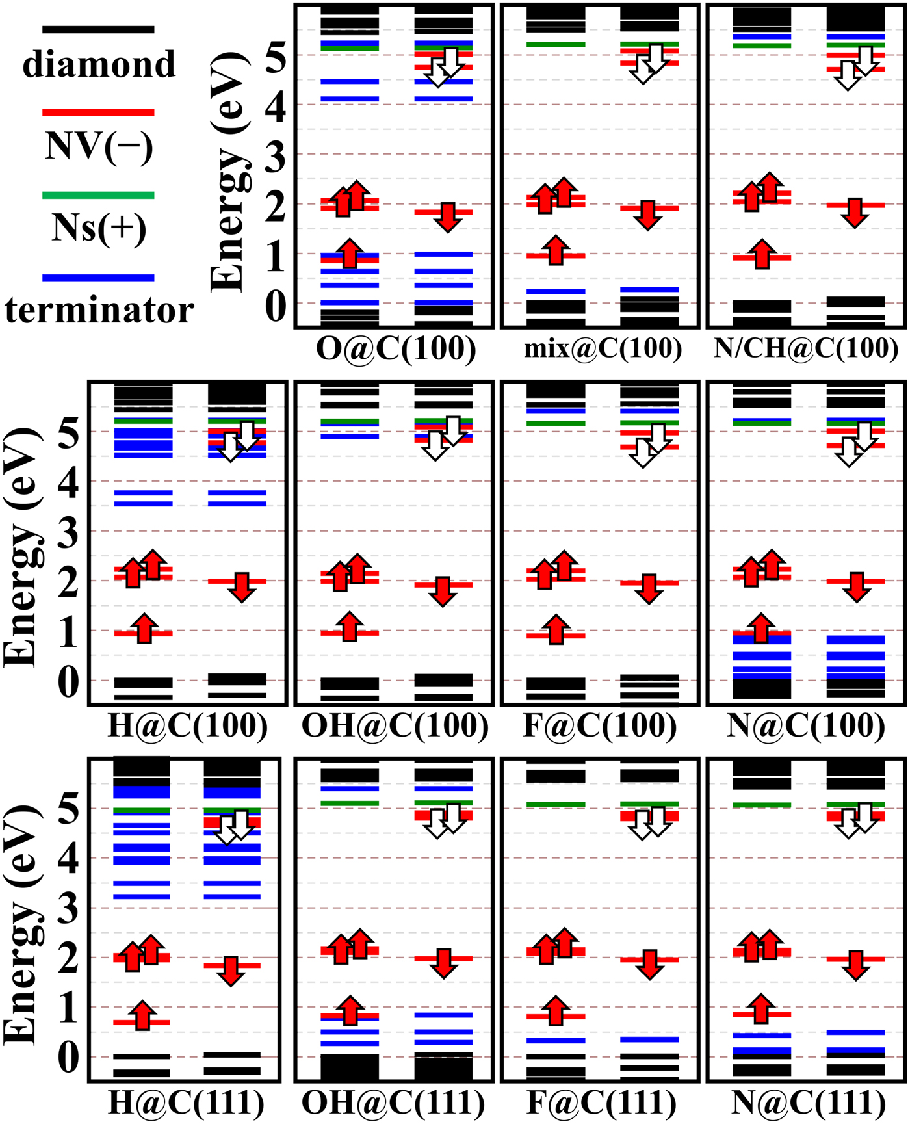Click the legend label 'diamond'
click(99, 64)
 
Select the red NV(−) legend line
click(98, 112)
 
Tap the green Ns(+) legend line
click(98, 195)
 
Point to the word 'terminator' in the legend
click(99, 310)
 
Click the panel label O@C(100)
click(396, 348)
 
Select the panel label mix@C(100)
click(603, 349)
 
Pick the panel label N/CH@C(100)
click(806, 348)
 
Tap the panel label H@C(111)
click(186, 1103)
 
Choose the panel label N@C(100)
click(806, 725)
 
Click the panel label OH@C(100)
click(395, 725)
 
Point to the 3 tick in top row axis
click(275, 156)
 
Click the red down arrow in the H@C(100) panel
click(242, 587)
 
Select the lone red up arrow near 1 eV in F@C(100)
click(556, 629)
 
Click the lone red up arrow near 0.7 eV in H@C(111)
click(142, 1016)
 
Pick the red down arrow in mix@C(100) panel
click(648, 215)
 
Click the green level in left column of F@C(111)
click(556, 805)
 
